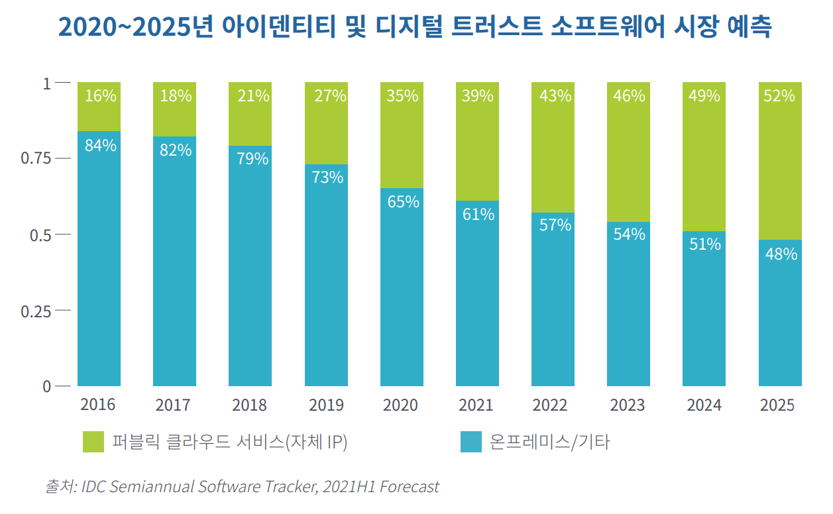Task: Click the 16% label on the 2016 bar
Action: (101, 96)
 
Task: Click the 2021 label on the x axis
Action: (476, 405)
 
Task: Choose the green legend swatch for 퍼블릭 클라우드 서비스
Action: (93, 442)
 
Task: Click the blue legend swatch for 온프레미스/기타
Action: (471, 442)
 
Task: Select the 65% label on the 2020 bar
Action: (403, 201)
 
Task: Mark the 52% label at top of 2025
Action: (779, 96)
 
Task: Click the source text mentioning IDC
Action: (242, 487)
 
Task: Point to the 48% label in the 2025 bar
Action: (781, 253)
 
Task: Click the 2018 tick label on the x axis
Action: (250, 405)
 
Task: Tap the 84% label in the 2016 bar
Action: (101, 145)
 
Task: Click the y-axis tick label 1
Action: (46, 83)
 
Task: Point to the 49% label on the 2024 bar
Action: (704, 96)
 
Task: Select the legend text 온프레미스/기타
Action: (550, 442)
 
